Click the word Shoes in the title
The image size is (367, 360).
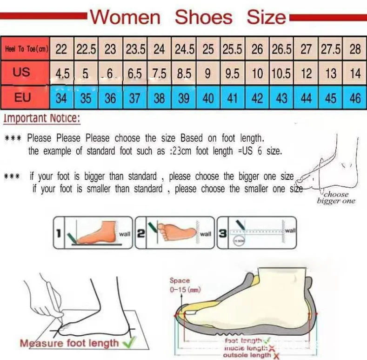pos(203,18)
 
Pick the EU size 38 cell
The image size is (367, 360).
pos(159,99)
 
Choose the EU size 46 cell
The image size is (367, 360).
pos(355,99)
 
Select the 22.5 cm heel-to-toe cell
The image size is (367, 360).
pos(86,49)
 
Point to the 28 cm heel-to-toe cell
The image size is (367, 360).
pos(355,49)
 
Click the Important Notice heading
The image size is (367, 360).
pos(42,118)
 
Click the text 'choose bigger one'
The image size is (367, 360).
pos(336,197)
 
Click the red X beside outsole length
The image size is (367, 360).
pos(276,356)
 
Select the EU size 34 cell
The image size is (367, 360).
pos(61,99)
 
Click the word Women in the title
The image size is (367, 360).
pos(125,18)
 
